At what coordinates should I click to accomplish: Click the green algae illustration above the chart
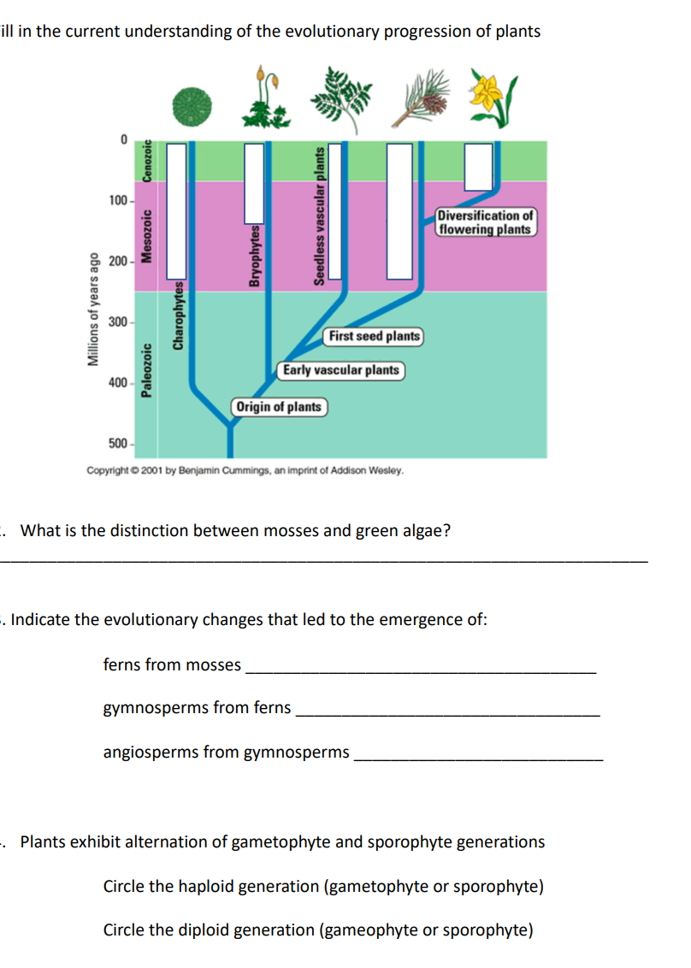(192, 106)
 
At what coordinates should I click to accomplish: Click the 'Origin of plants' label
(279, 406)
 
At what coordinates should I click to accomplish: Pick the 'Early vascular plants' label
(340, 370)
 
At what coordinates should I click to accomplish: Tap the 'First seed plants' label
(375, 336)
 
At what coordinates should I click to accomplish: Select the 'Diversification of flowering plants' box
(485, 222)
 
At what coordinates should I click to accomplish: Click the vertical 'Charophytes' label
(179, 316)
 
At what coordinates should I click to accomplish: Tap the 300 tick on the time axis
(118, 322)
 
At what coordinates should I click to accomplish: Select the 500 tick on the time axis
(118, 443)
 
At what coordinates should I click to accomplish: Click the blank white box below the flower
(478, 167)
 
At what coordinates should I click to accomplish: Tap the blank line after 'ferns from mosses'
(420, 673)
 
